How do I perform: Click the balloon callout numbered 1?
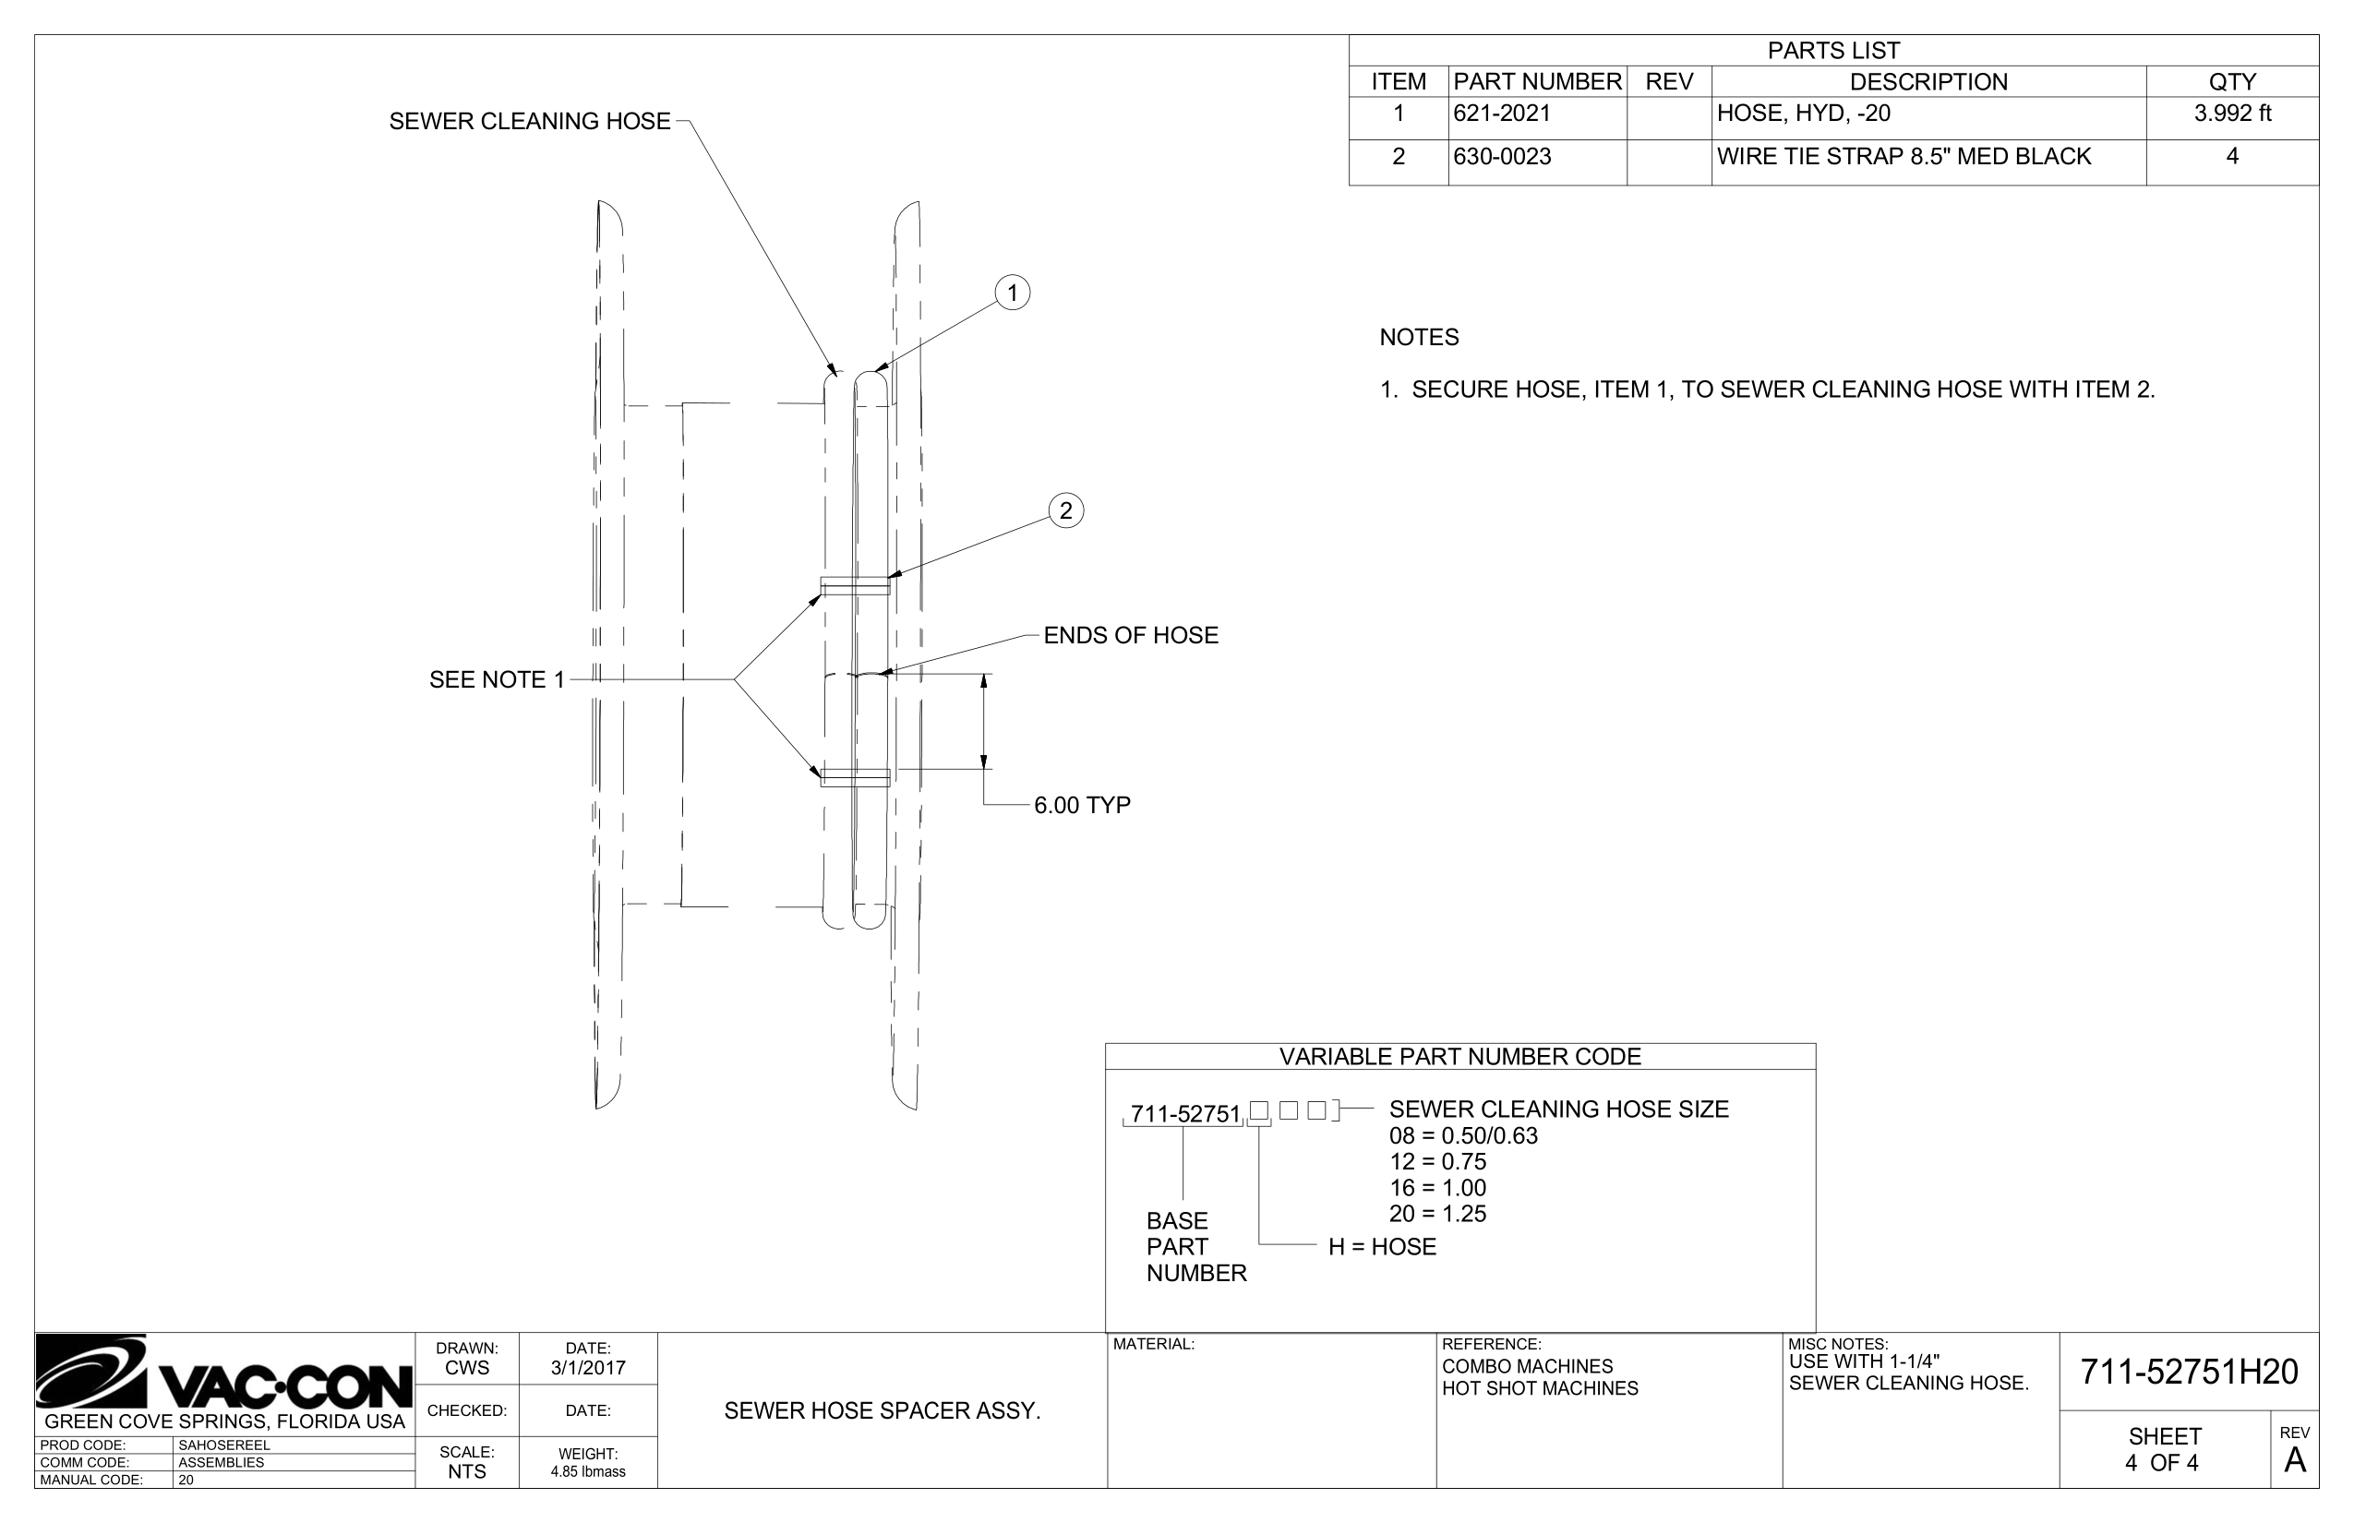(x=1012, y=293)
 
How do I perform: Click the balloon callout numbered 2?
(x=1065, y=510)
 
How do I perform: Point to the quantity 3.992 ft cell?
(x=2231, y=114)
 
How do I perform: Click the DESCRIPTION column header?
(x=1928, y=82)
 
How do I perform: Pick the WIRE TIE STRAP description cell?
(x=1903, y=157)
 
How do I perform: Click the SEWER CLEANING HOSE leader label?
(x=529, y=122)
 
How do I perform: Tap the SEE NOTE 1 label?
(x=497, y=680)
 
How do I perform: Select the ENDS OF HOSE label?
(x=1131, y=636)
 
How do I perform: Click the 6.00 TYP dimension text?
(x=1082, y=806)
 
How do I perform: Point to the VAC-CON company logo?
(x=223, y=1373)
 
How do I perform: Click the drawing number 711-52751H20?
(x=2189, y=1372)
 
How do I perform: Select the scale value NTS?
(x=467, y=1471)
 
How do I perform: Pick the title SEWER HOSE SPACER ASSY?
(x=883, y=1411)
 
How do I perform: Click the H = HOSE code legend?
(x=1382, y=1247)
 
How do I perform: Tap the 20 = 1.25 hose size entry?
(x=1437, y=1215)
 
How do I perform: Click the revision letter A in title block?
(x=2295, y=1460)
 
